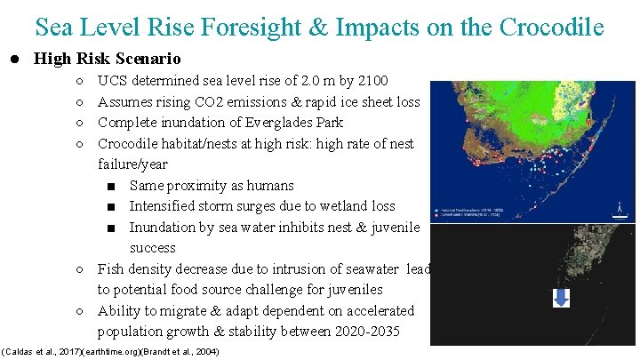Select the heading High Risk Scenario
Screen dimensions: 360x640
pyautogui.click(x=107, y=60)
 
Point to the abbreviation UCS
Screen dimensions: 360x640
pyautogui.click(x=113, y=81)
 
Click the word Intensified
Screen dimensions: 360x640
pyautogui.click(x=164, y=206)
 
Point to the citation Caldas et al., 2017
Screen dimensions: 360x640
pyautogui.click(x=43, y=352)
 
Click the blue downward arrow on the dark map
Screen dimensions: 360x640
pyautogui.click(x=561, y=299)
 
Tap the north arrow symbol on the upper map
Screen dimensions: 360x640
pyautogui.click(x=619, y=210)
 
